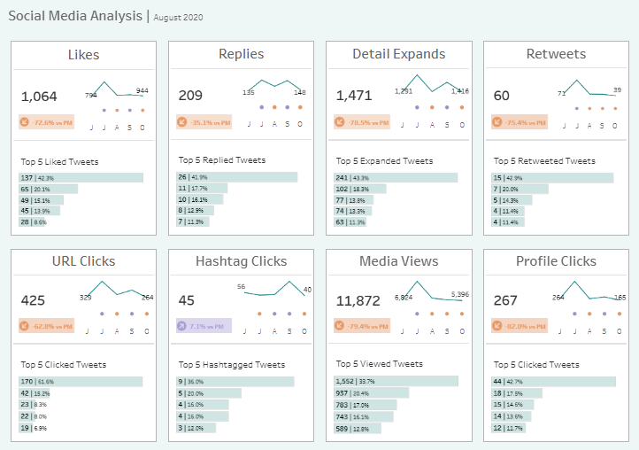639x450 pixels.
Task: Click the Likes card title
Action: [83, 54]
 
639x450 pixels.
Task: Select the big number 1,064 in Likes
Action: [39, 96]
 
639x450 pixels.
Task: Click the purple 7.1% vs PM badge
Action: [204, 325]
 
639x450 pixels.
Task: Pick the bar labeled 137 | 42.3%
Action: [81, 178]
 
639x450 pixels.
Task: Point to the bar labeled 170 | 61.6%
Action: [81, 381]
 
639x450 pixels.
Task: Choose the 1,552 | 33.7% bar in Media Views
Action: [396, 381]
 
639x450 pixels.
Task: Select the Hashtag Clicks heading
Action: [241, 261]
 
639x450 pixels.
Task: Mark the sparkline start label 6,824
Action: [404, 298]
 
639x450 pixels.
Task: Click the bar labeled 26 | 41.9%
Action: [237, 177]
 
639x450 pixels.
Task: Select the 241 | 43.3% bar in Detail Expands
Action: [396, 178]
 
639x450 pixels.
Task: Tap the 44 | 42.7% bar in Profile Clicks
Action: [554, 381]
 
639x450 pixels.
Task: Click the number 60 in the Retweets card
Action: [502, 96]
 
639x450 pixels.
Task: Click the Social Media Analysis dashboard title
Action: [74, 16]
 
